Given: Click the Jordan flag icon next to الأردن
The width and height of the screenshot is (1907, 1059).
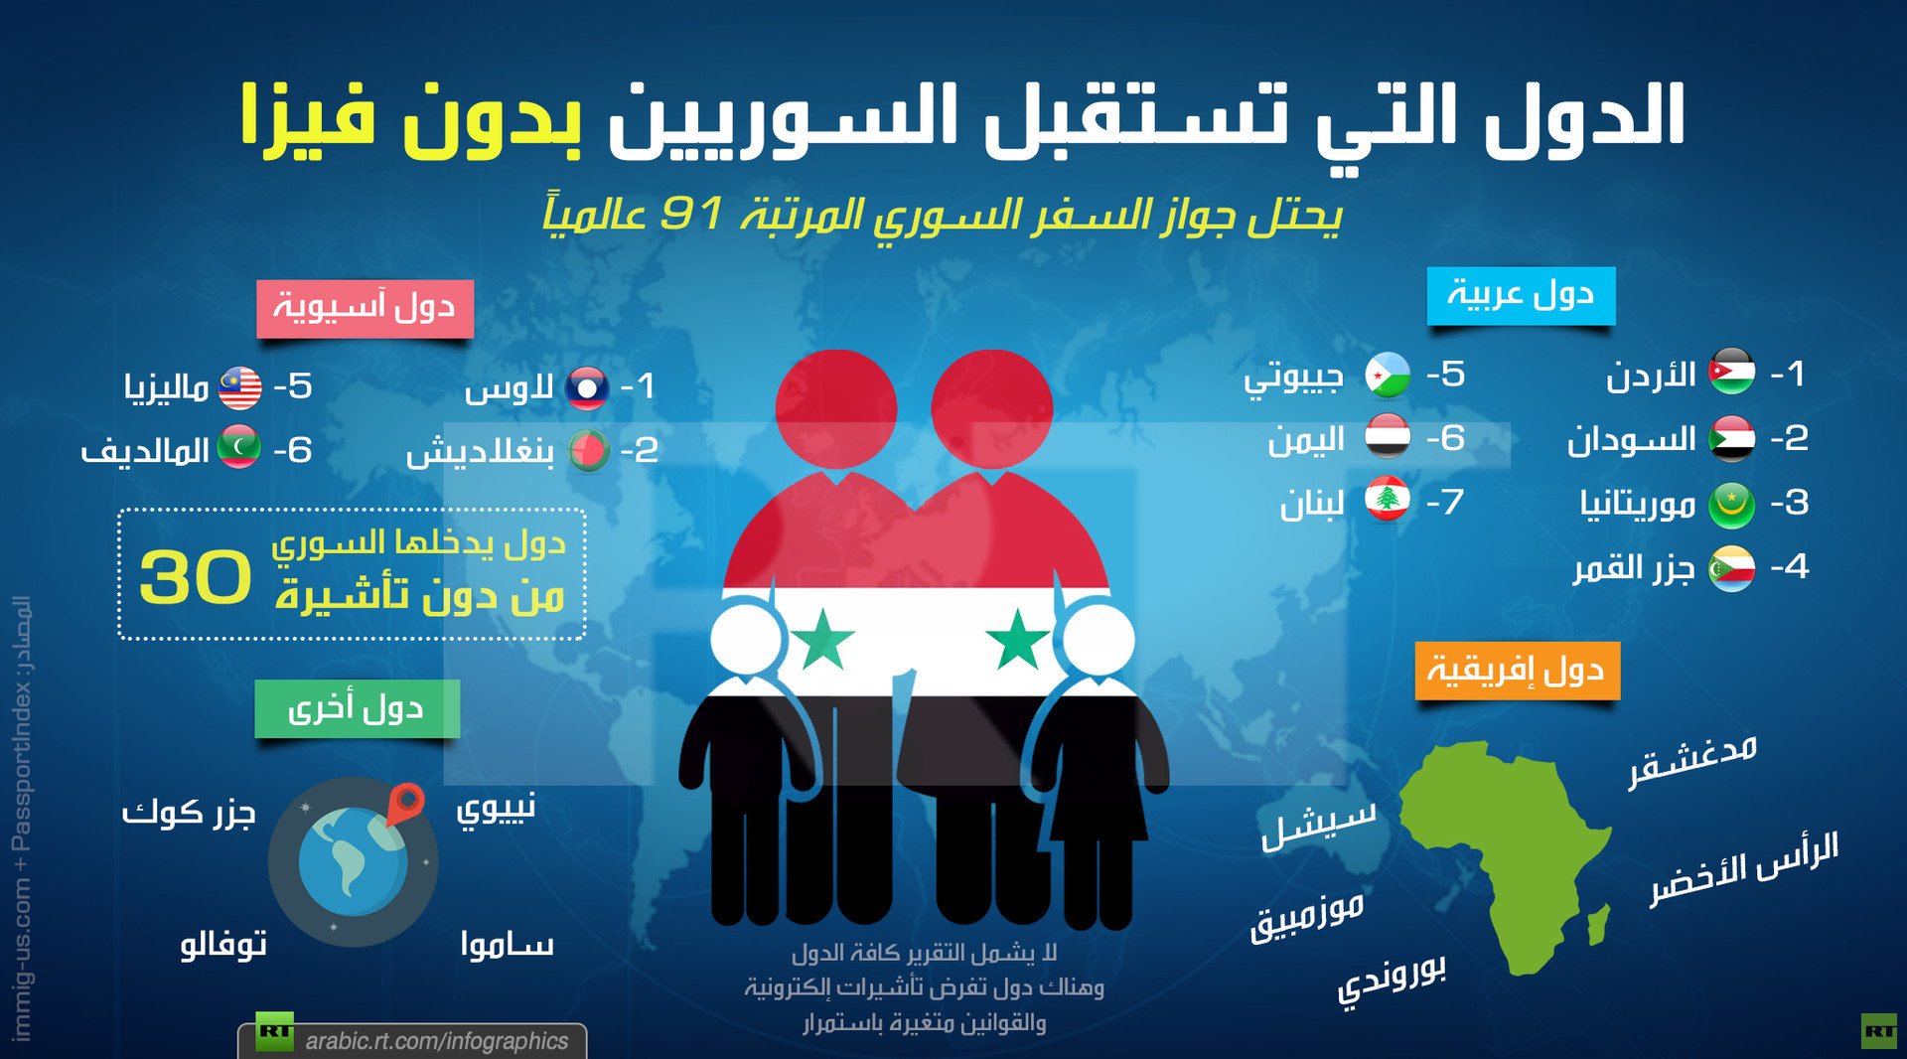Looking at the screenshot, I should pyautogui.click(x=1731, y=373).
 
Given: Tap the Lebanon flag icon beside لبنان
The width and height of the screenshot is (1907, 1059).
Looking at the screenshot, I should pyautogui.click(x=1388, y=501).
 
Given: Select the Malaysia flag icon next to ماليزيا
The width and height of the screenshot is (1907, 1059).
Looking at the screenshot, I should pyautogui.click(x=239, y=387).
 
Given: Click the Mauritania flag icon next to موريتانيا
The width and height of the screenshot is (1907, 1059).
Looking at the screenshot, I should pyautogui.click(x=1731, y=505).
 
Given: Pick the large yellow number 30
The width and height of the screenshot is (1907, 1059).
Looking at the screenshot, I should pyautogui.click(x=196, y=578).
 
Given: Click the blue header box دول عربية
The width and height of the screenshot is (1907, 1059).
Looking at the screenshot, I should pyautogui.click(x=1521, y=295).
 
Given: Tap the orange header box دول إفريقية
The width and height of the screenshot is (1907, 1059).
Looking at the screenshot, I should pyautogui.click(x=1517, y=671).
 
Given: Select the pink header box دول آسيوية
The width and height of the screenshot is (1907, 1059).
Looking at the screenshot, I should pyautogui.click(x=365, y=308).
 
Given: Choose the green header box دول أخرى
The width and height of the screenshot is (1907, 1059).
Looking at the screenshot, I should pyautogui.click(x=357, y=708).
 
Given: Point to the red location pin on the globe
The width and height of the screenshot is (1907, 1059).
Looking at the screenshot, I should pyautogui.click(x=405, y=802).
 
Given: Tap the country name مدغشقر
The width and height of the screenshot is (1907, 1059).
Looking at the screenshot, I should pyautogui.click(x=1692, y=760).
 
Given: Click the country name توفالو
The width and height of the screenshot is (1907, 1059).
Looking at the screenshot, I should pyautogui.click(x=223, y=944).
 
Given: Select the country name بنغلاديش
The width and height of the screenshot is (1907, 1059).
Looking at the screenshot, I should pyautogui.click(x=480, y=452).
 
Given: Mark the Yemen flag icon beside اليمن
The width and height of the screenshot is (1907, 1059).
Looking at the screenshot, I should pyautogui.click(x=1387, y=437).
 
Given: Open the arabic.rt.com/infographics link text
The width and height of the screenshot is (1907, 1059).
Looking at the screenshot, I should pyautogui.click(x=436, y=1040).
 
